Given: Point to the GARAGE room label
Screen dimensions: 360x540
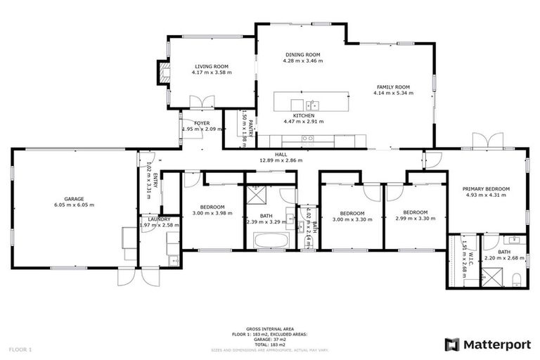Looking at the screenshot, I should pos(74,199).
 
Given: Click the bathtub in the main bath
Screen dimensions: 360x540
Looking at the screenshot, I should pos(269,240).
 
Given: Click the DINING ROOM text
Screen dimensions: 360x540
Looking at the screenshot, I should pos(303,54).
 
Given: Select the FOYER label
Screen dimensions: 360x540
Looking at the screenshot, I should pos(202,123).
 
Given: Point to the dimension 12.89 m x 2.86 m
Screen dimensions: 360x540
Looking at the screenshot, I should pos(281,160).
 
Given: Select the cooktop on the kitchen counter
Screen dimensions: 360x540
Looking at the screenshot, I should pos(307,139).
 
